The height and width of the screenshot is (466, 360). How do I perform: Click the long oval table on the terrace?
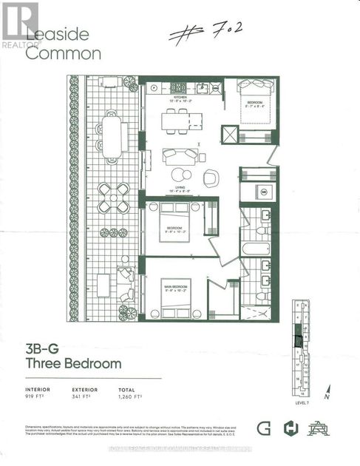click(x=112, y=135)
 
